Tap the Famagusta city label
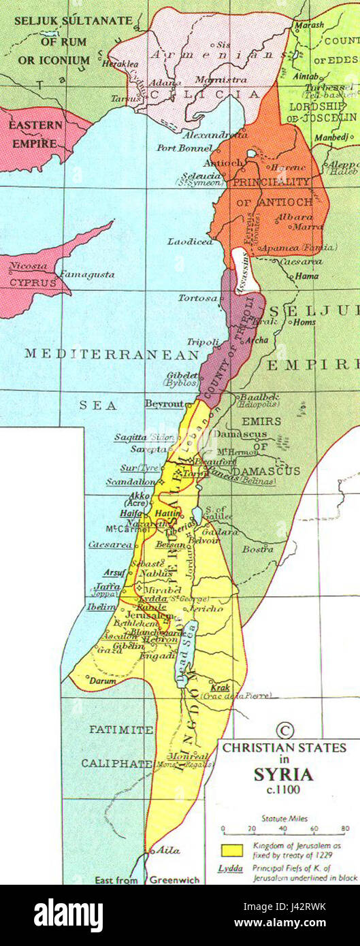[x=87, y=274]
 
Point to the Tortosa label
[x=196, y=298]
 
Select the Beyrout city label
[x=164, y=404]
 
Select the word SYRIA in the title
[x=284, y=774]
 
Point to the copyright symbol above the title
[x=285, y=730]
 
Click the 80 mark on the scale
[x=344, y=829]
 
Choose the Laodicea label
[x=195, y=242]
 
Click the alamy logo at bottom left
[x=68, y=915]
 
